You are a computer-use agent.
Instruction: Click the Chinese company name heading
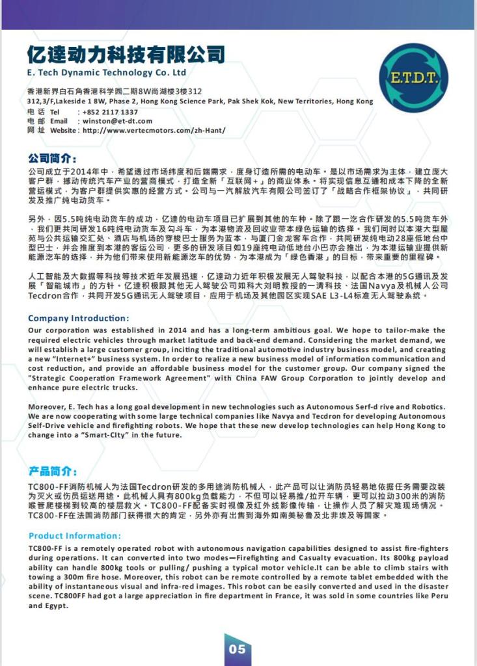point(126,53)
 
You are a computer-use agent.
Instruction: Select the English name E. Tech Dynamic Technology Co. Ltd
point(107,72)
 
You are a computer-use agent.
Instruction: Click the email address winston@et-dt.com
point(117,121)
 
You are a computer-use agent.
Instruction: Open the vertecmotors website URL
point(154,130)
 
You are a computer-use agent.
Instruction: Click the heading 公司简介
point(53,158)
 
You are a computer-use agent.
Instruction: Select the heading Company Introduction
point(79,318)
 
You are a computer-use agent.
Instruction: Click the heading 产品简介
point(53,471)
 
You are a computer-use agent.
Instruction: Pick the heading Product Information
point(75,535)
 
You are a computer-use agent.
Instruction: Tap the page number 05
point(238,649)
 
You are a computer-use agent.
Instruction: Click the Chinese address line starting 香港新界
point(114,92)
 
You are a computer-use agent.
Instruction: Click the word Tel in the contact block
point(55,112)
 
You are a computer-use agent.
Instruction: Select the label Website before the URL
point(62,130)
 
